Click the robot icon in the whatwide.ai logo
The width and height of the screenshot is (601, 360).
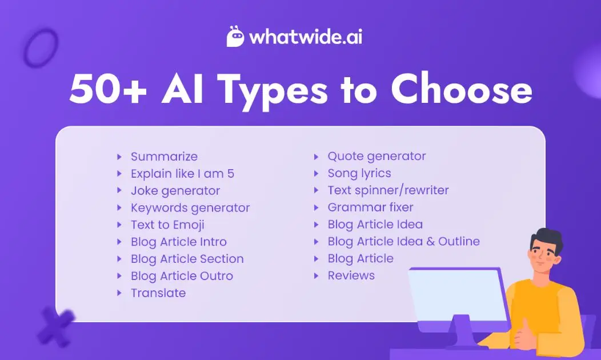coord(237,37)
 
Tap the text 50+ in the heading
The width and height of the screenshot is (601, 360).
coord(106,90)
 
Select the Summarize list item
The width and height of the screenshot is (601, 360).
coord(164,157)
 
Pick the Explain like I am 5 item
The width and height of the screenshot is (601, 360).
coord(182,174)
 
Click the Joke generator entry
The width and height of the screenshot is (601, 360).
coord(175,191)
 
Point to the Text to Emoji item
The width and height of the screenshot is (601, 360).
coord(167,225)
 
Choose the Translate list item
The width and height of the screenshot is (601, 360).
coord(158,293)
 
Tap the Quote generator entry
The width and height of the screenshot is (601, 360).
coord(376,156)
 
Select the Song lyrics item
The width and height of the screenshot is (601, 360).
coord(359,173)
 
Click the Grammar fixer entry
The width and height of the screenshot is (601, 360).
coord(370,207)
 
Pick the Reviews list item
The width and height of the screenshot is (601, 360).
coord(351,275)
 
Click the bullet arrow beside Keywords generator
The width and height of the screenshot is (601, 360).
coord(119,208)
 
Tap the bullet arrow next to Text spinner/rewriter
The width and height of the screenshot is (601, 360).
coord(316,190)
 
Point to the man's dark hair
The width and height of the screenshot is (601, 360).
coord(546,240)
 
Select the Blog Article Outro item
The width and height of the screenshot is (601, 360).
coord(182,276)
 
